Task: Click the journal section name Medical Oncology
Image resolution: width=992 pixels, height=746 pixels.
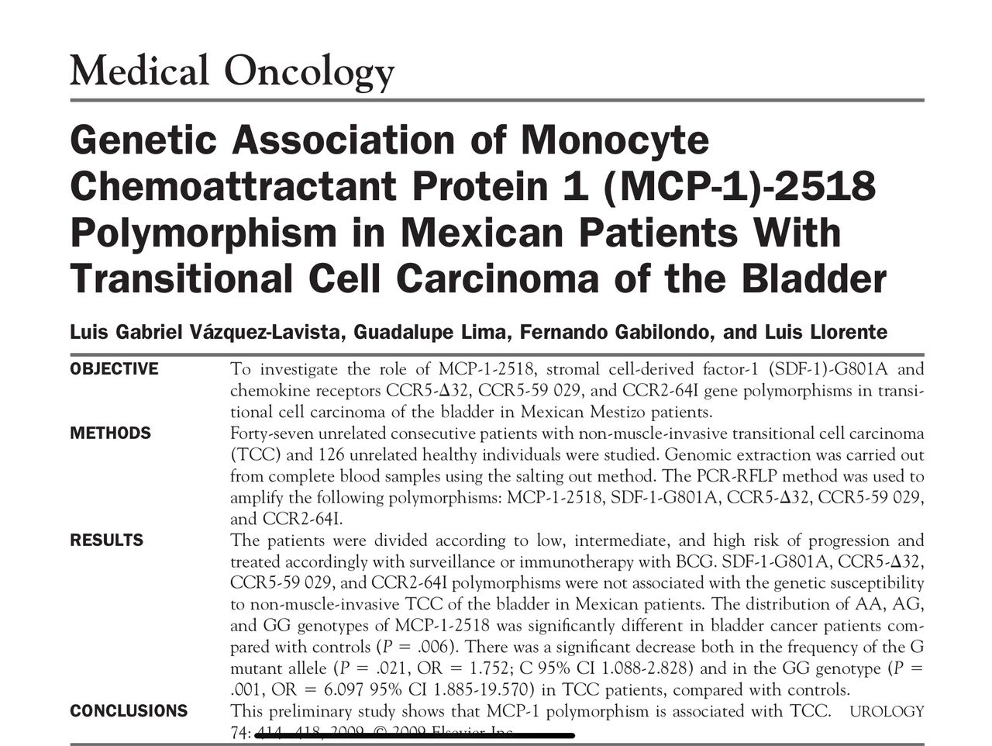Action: coord(232,71)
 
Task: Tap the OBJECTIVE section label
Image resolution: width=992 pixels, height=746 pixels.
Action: coord(114,369)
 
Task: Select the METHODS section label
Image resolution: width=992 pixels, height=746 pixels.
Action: coord(110,433)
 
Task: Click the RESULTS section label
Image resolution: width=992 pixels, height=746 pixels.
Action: coord(106,540)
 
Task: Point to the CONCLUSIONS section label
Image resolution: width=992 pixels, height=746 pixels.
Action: coord(129,711)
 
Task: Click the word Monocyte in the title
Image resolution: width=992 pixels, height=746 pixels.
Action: coord(614,140)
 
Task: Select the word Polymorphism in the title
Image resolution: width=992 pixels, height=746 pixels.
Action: coord(204,233)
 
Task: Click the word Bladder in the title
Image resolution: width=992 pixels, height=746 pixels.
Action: coord(813,278)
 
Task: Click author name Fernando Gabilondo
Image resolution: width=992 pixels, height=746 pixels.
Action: coord(616,333)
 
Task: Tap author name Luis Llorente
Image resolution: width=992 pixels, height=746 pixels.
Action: coord(825,333)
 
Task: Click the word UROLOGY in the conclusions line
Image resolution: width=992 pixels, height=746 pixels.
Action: coord(887,711)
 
